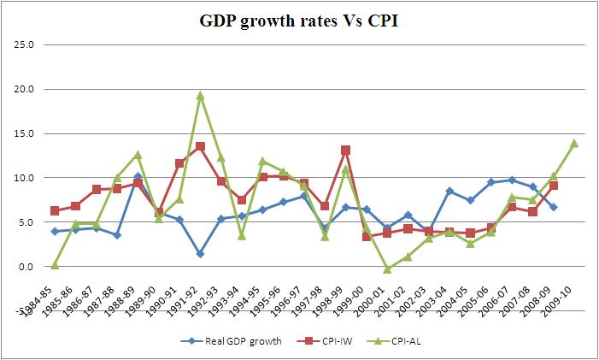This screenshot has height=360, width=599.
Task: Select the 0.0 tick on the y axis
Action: click(25, 266)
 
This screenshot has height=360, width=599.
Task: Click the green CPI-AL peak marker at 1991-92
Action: click(200, 96)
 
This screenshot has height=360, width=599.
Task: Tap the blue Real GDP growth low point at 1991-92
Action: click(200, 254)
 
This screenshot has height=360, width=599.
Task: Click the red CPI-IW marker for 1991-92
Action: click(200, 146)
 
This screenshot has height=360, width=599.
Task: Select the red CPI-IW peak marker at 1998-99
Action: click(345, 150)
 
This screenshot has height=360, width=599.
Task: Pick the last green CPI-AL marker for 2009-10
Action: click(574, 143)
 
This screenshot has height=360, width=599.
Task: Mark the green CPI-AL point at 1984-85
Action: click(55, 265)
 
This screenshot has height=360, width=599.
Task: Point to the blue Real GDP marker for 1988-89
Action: click(138, 176)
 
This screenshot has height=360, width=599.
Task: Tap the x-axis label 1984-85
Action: click(43, 298)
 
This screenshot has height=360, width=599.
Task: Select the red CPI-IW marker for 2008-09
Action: click(554, 186)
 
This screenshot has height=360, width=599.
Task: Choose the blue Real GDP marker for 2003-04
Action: click(449, 191)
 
